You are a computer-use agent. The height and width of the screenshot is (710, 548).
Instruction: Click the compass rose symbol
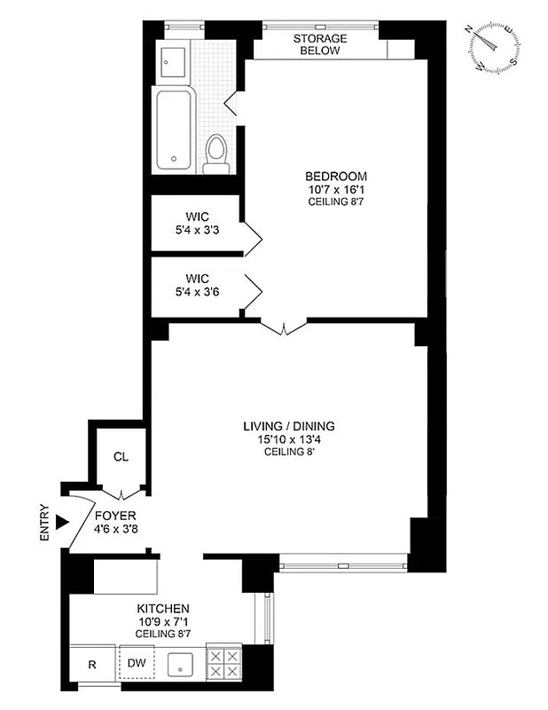point(493,48)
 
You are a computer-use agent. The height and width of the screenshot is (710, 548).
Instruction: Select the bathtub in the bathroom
point(174,129)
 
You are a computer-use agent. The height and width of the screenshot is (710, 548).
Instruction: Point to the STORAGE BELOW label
point(320,45)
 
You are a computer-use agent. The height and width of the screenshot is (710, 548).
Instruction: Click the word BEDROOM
point(336,176)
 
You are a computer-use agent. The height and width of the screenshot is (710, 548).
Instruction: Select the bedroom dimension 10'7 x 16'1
point(336,189)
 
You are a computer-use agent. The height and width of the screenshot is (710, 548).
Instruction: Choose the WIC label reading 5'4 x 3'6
point(196,284)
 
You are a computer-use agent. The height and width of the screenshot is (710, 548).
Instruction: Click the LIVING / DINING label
point(289,426)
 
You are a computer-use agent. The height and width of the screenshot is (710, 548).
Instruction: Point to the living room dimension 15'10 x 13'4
point(289,439)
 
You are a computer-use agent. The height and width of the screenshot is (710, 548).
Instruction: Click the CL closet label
point(121,457)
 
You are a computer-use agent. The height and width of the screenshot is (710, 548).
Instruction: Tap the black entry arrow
point(61,523)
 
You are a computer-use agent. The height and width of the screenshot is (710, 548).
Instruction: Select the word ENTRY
point(45,523)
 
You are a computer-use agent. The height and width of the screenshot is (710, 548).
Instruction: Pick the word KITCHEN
point(163,608)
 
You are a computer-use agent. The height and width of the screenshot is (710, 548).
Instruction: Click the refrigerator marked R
point(92,663)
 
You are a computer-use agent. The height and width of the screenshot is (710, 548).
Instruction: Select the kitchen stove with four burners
point(223,662)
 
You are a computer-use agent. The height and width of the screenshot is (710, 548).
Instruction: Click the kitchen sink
point(182,662)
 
